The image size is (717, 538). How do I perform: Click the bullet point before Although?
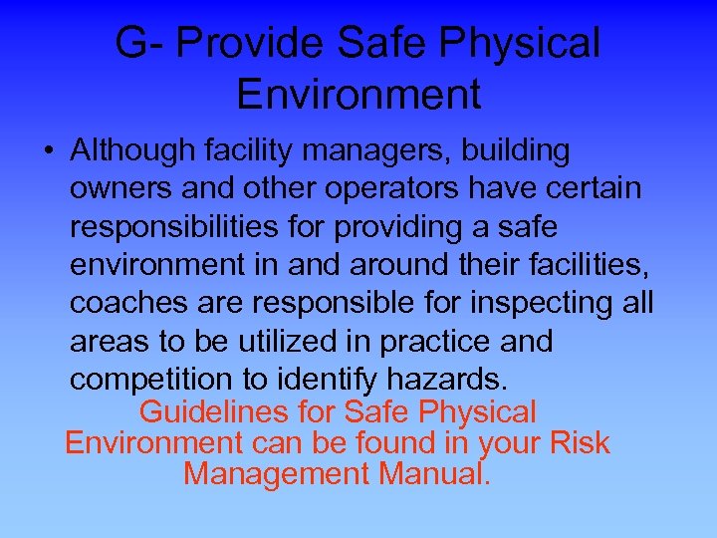[49, 152]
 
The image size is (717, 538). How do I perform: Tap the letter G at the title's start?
[130, 43]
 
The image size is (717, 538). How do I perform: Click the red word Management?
[275, 474]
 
